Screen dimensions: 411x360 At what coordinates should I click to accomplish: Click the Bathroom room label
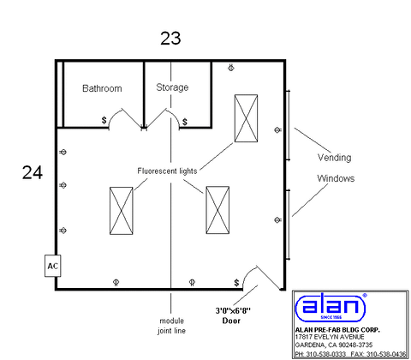point(102,88)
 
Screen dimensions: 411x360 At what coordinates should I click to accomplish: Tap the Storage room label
point(172,87)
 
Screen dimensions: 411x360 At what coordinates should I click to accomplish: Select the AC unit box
point(53,266)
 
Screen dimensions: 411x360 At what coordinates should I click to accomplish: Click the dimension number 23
point(170,39)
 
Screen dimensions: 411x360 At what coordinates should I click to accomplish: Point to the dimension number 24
point(33,172)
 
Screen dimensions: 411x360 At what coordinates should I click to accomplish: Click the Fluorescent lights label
point(167,171)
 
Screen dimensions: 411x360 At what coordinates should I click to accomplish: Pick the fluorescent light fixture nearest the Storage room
point(246,118)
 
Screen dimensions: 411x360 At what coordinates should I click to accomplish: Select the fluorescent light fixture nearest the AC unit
point(122,211)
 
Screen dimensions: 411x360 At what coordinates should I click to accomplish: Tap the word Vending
point(335,158)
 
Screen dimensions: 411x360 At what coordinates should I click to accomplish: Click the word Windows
point(336,178)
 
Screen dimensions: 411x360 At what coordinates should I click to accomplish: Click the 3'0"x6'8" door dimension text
point(233,310)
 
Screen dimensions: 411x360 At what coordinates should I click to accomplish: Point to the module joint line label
point(171,326)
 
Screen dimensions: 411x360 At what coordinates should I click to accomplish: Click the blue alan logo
point(331,307)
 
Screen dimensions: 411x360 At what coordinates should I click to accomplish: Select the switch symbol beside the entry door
point(236,283)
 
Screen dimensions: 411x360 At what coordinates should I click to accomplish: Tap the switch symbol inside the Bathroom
point(104,120)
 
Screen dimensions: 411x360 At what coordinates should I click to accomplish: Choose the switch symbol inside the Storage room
point(185,122)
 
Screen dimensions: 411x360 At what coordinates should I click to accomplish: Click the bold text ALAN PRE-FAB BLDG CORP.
point(337,330)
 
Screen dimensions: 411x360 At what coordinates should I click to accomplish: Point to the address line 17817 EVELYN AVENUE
point(330,337)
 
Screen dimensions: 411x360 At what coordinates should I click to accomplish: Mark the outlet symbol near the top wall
point(231,68)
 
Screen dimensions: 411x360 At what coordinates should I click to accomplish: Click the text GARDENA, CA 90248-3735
point(334,345)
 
